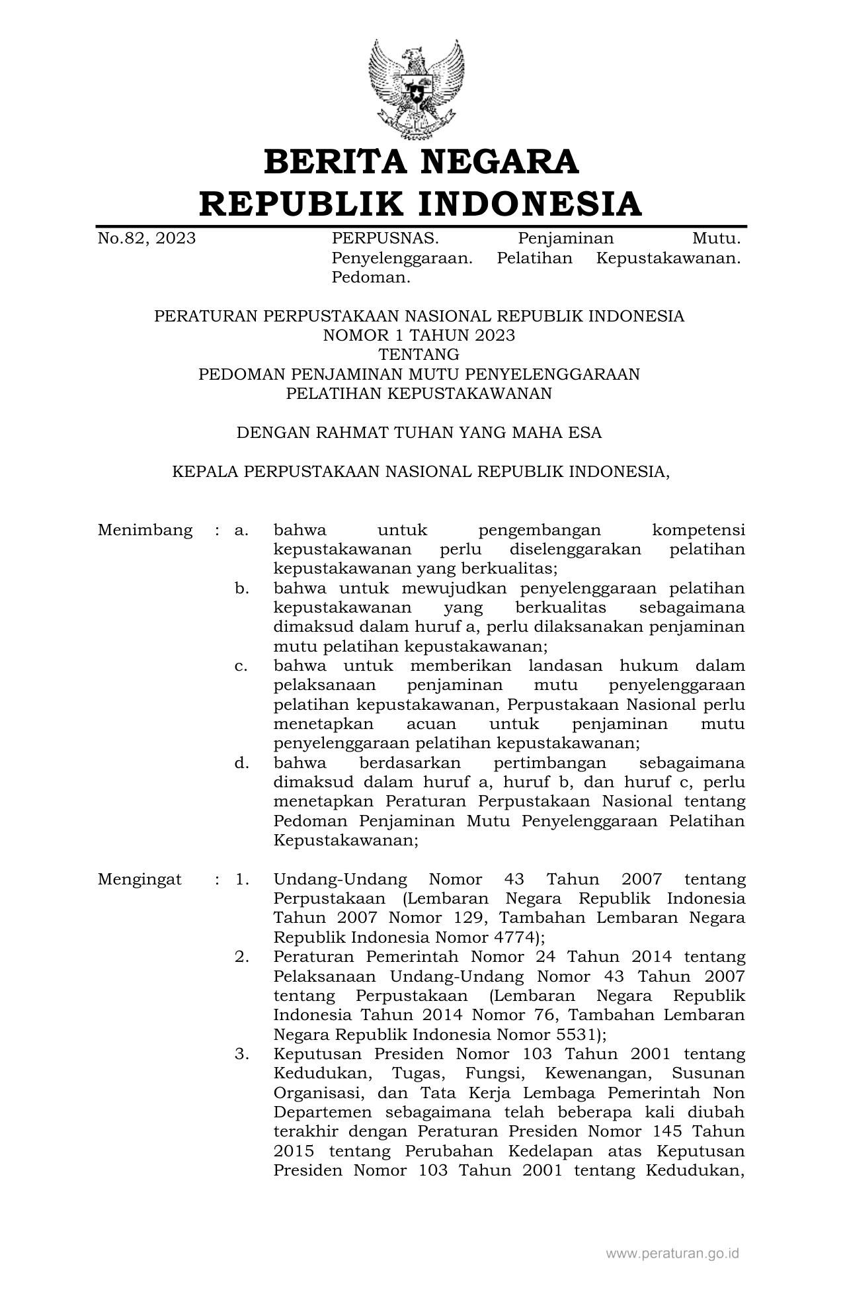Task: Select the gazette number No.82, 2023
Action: [147, 238]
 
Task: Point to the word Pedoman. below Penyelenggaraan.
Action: [371, 277]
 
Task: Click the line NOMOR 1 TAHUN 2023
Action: [419, 335]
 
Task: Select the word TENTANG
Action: [419, 355]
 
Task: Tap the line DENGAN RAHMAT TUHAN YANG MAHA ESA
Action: [419, 433]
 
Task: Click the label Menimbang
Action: [145, 530]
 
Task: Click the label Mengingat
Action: [140, 879]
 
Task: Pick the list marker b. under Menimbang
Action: [242, 588]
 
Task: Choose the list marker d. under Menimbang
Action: [242, 763]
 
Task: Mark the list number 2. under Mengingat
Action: [242, 957]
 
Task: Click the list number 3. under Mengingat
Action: [242, 1054]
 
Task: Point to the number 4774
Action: [514, 937]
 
